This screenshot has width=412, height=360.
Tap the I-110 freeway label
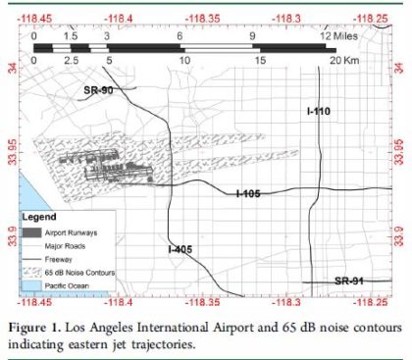318,113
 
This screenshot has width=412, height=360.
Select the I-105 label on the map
248,193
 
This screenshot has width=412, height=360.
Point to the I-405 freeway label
180,249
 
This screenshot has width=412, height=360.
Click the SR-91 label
349,282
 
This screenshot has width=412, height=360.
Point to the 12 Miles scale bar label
336,35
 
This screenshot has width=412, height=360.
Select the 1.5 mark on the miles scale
71,35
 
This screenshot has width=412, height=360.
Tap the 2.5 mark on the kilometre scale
71,60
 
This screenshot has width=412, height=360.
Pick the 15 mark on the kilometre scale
259,60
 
